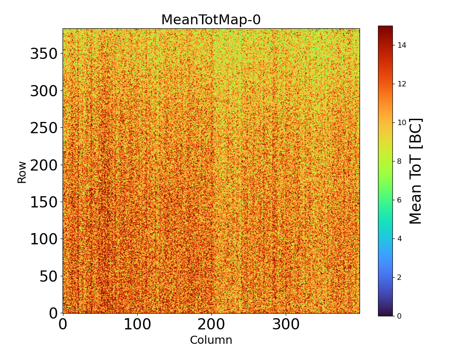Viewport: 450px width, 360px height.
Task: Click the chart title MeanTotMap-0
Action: click(x=211, y=20)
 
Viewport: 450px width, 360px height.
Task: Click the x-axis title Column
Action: click(x=211, y=340)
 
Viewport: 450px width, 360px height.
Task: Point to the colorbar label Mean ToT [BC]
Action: click(x=416, y=171)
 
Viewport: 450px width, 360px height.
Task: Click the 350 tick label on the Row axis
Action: click(x=44, y=54)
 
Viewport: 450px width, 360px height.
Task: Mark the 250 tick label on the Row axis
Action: click(x=44, y=128)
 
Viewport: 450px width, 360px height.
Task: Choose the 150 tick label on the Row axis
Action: click(x=44, y=202)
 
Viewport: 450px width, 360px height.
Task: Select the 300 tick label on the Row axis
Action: click(x=44, y=91)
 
